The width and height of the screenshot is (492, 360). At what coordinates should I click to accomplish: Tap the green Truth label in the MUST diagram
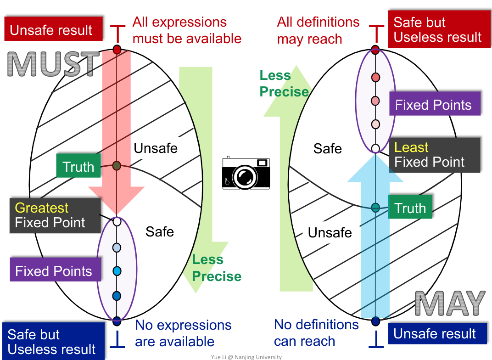[x=78, y=166]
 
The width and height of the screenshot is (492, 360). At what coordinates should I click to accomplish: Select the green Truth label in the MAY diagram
[x=410, y=208]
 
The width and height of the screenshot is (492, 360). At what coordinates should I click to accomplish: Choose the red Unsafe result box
[x=50, y=30]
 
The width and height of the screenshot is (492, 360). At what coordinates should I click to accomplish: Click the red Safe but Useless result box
[x=438, y=30]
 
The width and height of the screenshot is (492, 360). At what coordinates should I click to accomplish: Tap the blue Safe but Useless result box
[x=52, y=342]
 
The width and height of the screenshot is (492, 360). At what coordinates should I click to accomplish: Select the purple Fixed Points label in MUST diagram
[x=54, y=270]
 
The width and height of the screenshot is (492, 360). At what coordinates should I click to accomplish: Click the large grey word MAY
[x=450, y=303]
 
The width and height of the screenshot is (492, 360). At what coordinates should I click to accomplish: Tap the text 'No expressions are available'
[x=183, y=333]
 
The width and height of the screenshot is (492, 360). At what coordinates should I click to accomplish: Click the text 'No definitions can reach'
[x=316, y=333]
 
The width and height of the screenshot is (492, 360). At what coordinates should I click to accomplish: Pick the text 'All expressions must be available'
[x=186, y=30]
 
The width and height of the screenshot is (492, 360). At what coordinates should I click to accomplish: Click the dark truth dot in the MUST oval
[x=117, y=166]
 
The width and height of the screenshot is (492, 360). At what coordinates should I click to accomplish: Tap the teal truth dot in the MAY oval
[x=375, y=207]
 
